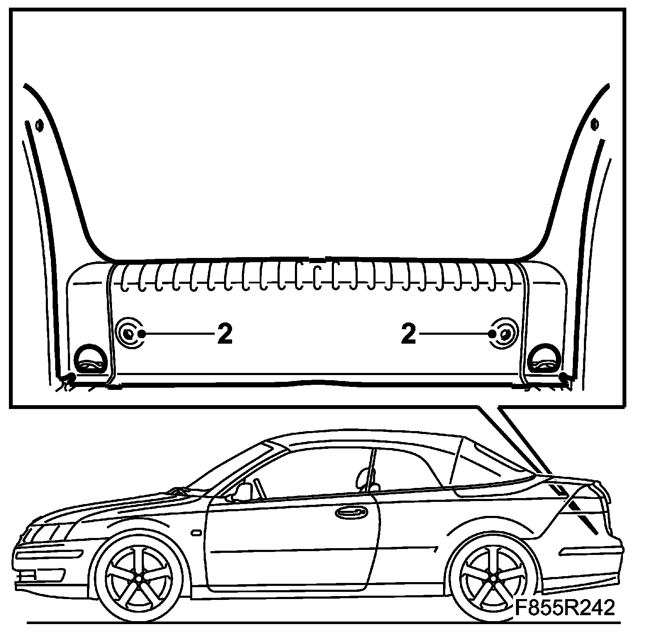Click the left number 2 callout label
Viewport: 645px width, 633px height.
coord(224,333)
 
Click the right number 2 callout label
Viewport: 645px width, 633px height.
coord(408,333)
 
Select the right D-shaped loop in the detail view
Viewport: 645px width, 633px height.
coord(545,358)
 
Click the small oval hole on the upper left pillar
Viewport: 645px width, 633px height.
coord(39,125)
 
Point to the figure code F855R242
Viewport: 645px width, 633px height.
coord(565,608)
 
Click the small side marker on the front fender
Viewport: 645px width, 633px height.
coord(196,532)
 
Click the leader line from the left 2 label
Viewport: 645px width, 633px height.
coord(178,334)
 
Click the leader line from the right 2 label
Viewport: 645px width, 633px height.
coord(454,334)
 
